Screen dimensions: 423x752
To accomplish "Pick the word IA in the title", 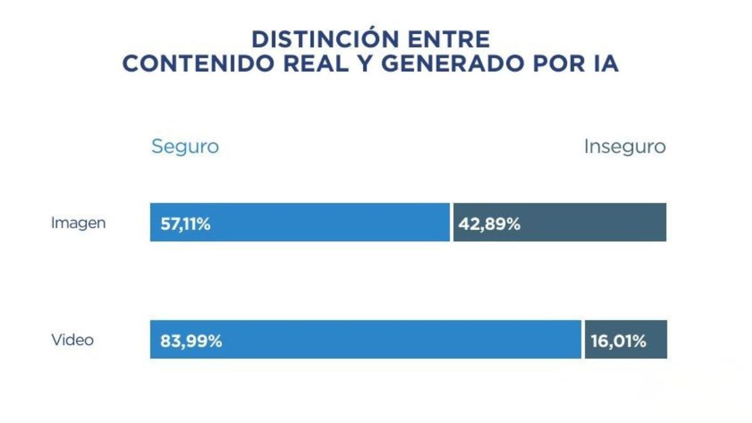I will (x=605, y=64).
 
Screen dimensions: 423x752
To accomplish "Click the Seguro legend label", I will (x=185, y=147).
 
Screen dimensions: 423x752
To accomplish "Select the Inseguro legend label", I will (x=625, y=147).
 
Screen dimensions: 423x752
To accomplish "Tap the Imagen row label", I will (x=78, y=222).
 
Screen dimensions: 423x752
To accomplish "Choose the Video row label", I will (x=73, y=340).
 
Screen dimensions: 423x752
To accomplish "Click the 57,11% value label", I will (x=185, y=224).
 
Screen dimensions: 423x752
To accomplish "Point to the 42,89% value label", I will (x=489, y=224).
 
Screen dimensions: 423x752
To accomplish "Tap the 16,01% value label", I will (x=618, y=342).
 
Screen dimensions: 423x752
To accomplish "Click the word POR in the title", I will (x=556, y=64).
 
